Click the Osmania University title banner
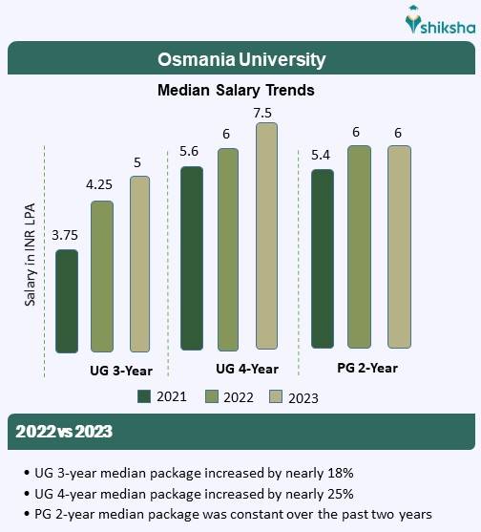240,59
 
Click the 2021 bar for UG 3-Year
67,301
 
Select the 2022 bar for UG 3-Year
102,277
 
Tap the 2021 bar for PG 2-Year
323,259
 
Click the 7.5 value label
264,113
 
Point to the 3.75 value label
66,235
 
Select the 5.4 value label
323,154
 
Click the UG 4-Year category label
247,369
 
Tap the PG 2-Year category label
367,368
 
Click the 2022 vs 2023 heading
64,432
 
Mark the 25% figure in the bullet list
341,494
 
